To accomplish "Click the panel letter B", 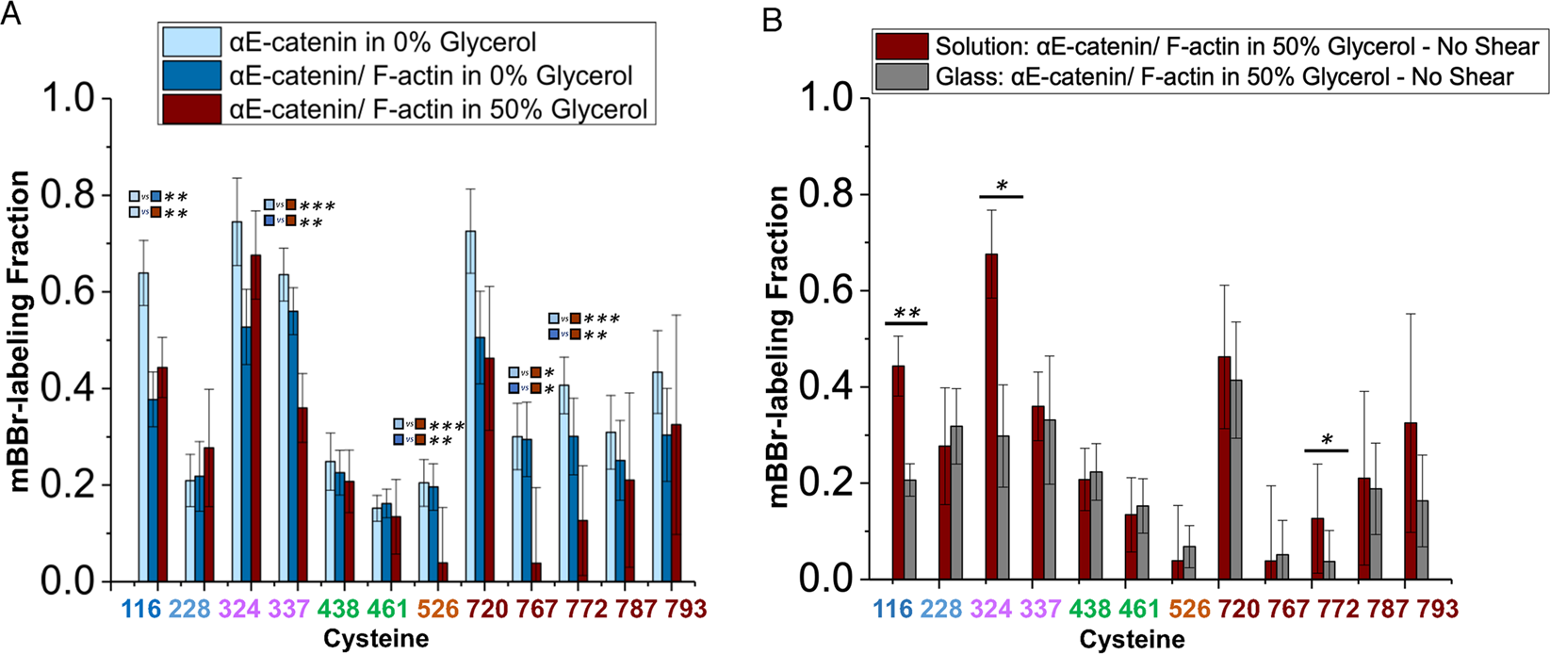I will point(773,20).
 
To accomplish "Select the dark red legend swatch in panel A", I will point(191,108).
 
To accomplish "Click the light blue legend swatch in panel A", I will point(191,41).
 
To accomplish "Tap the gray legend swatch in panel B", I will point(903,76).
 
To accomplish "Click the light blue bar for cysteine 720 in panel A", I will point(470,405).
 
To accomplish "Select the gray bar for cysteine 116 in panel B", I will point(910,530).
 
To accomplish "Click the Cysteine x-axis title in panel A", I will point(376,640).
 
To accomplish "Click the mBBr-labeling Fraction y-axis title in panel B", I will point(778,347).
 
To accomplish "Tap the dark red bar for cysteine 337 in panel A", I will point(302,495).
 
